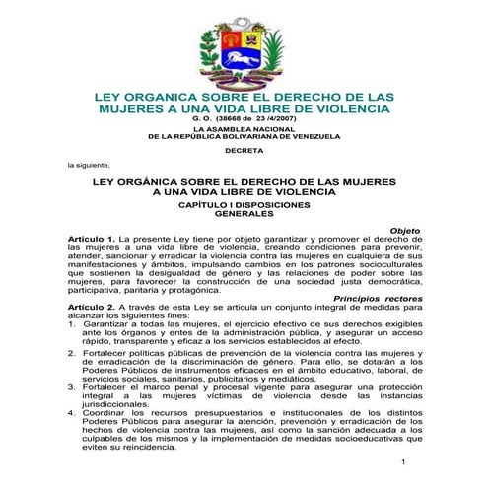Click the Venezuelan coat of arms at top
click(x=243, y=45)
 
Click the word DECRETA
click(x=243, y=150)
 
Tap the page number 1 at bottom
click(x=404, y=461)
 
